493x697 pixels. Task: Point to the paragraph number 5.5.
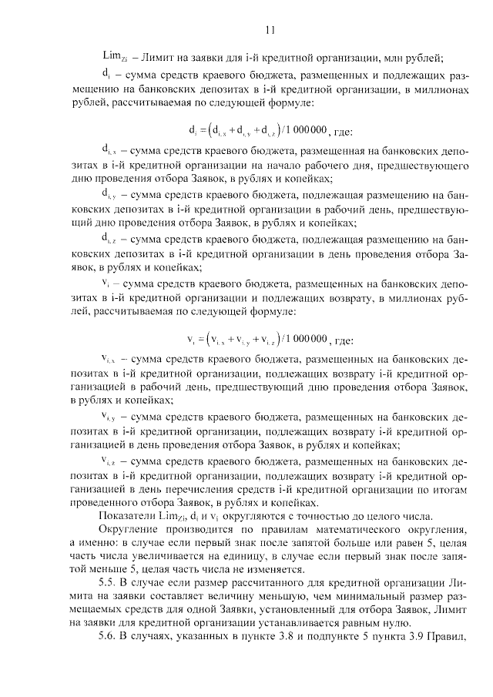108,588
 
